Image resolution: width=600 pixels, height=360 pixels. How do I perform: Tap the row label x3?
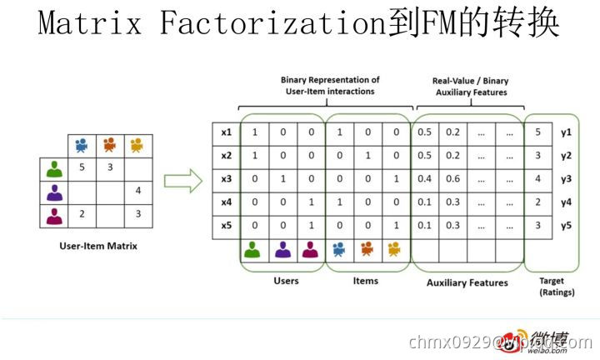point(226,178)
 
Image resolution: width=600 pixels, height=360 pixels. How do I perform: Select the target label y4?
point(567,202)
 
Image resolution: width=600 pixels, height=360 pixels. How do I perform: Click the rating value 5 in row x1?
point(538,132)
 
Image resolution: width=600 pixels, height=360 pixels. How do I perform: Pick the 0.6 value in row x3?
point(452,178)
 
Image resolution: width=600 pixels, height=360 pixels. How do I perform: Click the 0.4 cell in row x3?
point(425,178)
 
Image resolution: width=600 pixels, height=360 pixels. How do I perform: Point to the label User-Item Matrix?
point(98,246)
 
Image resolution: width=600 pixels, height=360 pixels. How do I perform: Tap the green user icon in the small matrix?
point(55,169)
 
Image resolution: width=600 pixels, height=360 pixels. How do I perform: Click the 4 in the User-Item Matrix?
point(137,192)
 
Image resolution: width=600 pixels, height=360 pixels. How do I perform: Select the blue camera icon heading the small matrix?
point(82,145)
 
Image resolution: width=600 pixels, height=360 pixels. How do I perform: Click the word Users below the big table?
point(286,281)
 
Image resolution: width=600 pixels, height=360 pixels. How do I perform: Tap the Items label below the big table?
point(366,281)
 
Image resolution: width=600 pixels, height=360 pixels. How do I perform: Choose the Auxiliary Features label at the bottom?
point(467,282)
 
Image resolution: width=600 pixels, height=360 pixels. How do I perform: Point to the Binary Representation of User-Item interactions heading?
point(330,85)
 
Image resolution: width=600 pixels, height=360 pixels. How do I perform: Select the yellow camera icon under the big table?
point(393,248)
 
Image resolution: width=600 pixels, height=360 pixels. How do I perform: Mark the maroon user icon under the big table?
point(310,248)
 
